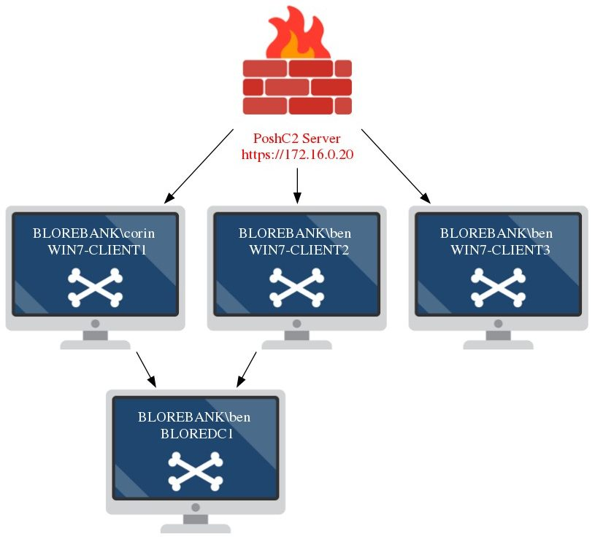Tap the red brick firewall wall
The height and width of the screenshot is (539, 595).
click(297, 87)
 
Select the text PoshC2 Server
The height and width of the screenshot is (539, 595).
click(296, 139)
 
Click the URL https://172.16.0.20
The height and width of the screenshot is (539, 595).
click(297, 155)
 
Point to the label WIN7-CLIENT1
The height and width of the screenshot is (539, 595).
click(94, 250)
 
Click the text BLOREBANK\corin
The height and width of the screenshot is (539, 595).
click(94, 234)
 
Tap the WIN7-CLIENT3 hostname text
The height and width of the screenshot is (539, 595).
click(499, 250)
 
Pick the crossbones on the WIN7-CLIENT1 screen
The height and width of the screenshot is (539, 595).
click(95, 286)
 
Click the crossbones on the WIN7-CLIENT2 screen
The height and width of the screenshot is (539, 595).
click(296, 286)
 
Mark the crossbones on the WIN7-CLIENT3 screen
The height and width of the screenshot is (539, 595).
click(498, 286)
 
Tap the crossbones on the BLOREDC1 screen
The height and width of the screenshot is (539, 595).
click(196, 470)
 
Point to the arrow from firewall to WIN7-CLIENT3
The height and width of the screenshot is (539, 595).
click(395, 166)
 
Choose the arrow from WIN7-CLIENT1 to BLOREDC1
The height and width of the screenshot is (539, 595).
click(146, 368)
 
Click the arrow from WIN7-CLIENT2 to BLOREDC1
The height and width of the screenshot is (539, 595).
click(246, 368)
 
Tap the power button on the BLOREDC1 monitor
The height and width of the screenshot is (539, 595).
click(196, 507)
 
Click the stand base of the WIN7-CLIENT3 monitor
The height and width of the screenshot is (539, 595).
click(498, 343)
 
